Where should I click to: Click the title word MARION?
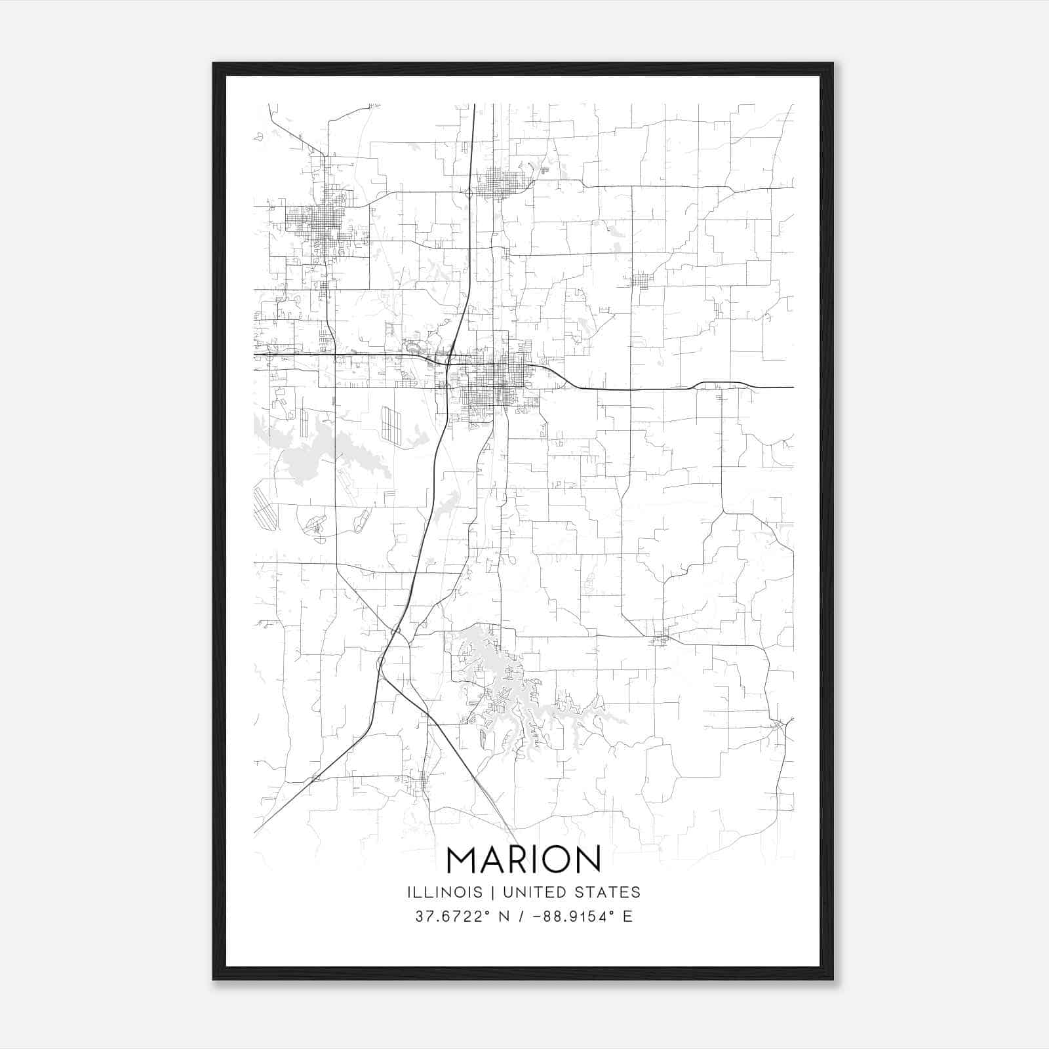[523, 860]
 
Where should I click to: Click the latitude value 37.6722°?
[453, 916]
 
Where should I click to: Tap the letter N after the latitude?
[505, 916]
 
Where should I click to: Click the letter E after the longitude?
[627, 916]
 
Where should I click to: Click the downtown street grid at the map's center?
[488, 384]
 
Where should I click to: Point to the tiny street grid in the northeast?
[641, 281]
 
